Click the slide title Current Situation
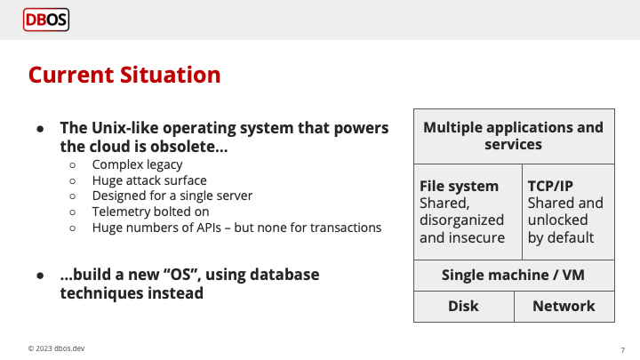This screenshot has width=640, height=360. [124, 75]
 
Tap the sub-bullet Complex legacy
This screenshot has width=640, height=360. [137, 164]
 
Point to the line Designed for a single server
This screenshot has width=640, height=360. [172, 196]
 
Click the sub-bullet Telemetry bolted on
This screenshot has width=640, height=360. [151, 212]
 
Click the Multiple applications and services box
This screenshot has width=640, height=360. [513, 136]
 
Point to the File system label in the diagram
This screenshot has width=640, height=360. [459, 186]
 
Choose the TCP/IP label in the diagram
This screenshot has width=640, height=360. [549, 186]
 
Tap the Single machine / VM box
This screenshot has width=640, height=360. [513, 275]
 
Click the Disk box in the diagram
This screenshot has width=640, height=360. [463, 306]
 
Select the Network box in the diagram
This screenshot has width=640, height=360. [564, 306]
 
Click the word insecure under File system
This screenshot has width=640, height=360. [476, 237]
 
